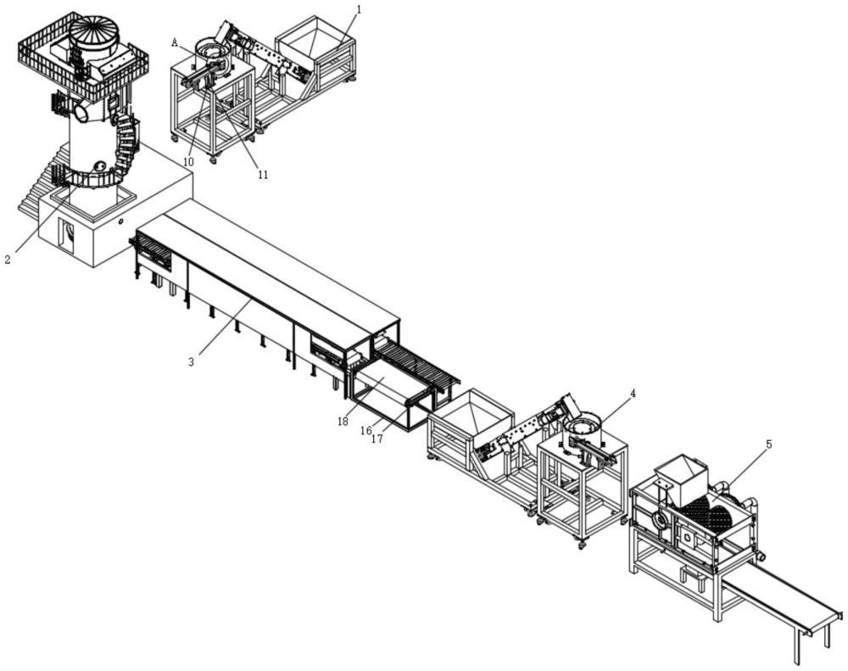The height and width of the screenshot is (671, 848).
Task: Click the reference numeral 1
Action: point(360,9)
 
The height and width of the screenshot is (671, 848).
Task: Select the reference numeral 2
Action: point(8,260)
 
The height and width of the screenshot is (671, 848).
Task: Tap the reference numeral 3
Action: point(191,362)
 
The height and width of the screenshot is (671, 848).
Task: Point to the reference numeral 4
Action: point(633,393)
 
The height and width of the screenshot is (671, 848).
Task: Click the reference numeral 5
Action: point(769,445)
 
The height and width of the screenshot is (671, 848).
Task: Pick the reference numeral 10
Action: point(187,162)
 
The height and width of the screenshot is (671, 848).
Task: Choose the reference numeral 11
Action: point(263,175)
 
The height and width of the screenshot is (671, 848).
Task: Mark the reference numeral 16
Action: point(366,430)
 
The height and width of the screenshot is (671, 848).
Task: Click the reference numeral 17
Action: point(377,439)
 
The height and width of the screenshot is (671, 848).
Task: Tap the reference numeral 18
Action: point(343,422)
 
